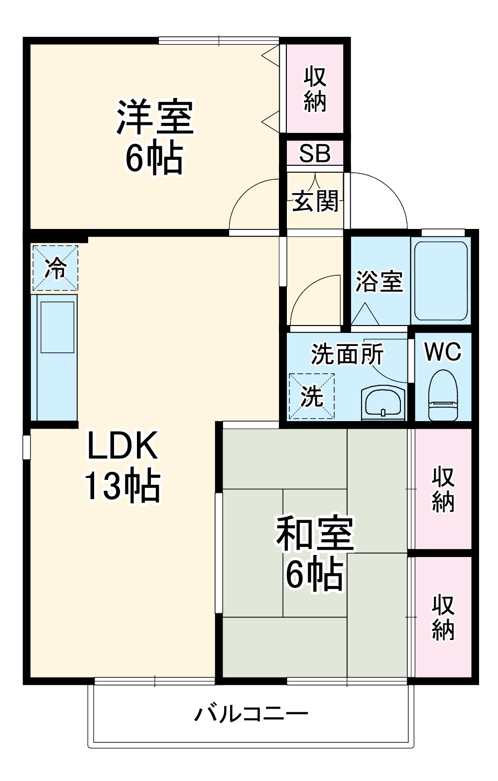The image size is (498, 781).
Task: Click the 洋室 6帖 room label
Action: point(154,137)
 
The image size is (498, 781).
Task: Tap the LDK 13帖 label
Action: point(123,465)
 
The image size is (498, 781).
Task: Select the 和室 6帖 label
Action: point(315,553)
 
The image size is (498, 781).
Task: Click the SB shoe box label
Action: point(315,153)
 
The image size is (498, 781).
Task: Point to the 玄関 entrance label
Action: point(315,201)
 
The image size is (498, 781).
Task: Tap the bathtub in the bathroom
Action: point(441,281)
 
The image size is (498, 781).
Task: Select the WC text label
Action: point(443,352)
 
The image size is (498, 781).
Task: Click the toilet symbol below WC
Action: point(443,396)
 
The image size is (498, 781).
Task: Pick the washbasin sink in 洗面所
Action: point(382,401)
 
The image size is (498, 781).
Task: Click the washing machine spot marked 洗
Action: point(312,396)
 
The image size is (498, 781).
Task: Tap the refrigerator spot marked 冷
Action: point(55,268)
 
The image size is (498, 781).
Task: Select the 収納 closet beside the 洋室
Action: point(315,89)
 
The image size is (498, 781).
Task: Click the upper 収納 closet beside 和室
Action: point(443,489)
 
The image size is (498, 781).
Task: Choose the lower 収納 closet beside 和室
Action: point(443,616)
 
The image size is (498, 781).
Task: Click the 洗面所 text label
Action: point(347,354)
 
